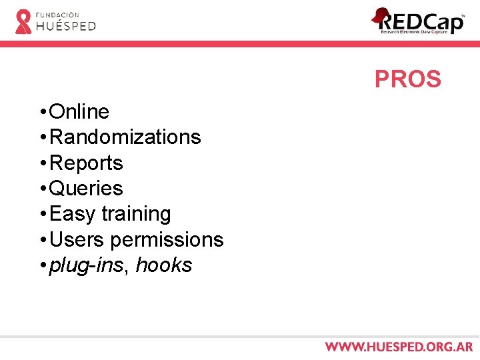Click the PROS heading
(x=407, y=79)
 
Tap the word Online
(x=79, y=111)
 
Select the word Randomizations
(x=125, y=137)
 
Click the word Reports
(x=87, y=163)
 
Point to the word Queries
(x=87, y=189)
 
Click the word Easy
(x=73, y=214)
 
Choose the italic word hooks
(x=164, y=265)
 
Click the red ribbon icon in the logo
(x=23, y=21)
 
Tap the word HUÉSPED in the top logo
(x=66, y=26)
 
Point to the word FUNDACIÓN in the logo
(x=57, y=14)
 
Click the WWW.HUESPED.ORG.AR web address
(x=399, y=347)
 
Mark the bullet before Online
(x=42, y=111)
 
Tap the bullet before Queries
(x=42, y=189)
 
